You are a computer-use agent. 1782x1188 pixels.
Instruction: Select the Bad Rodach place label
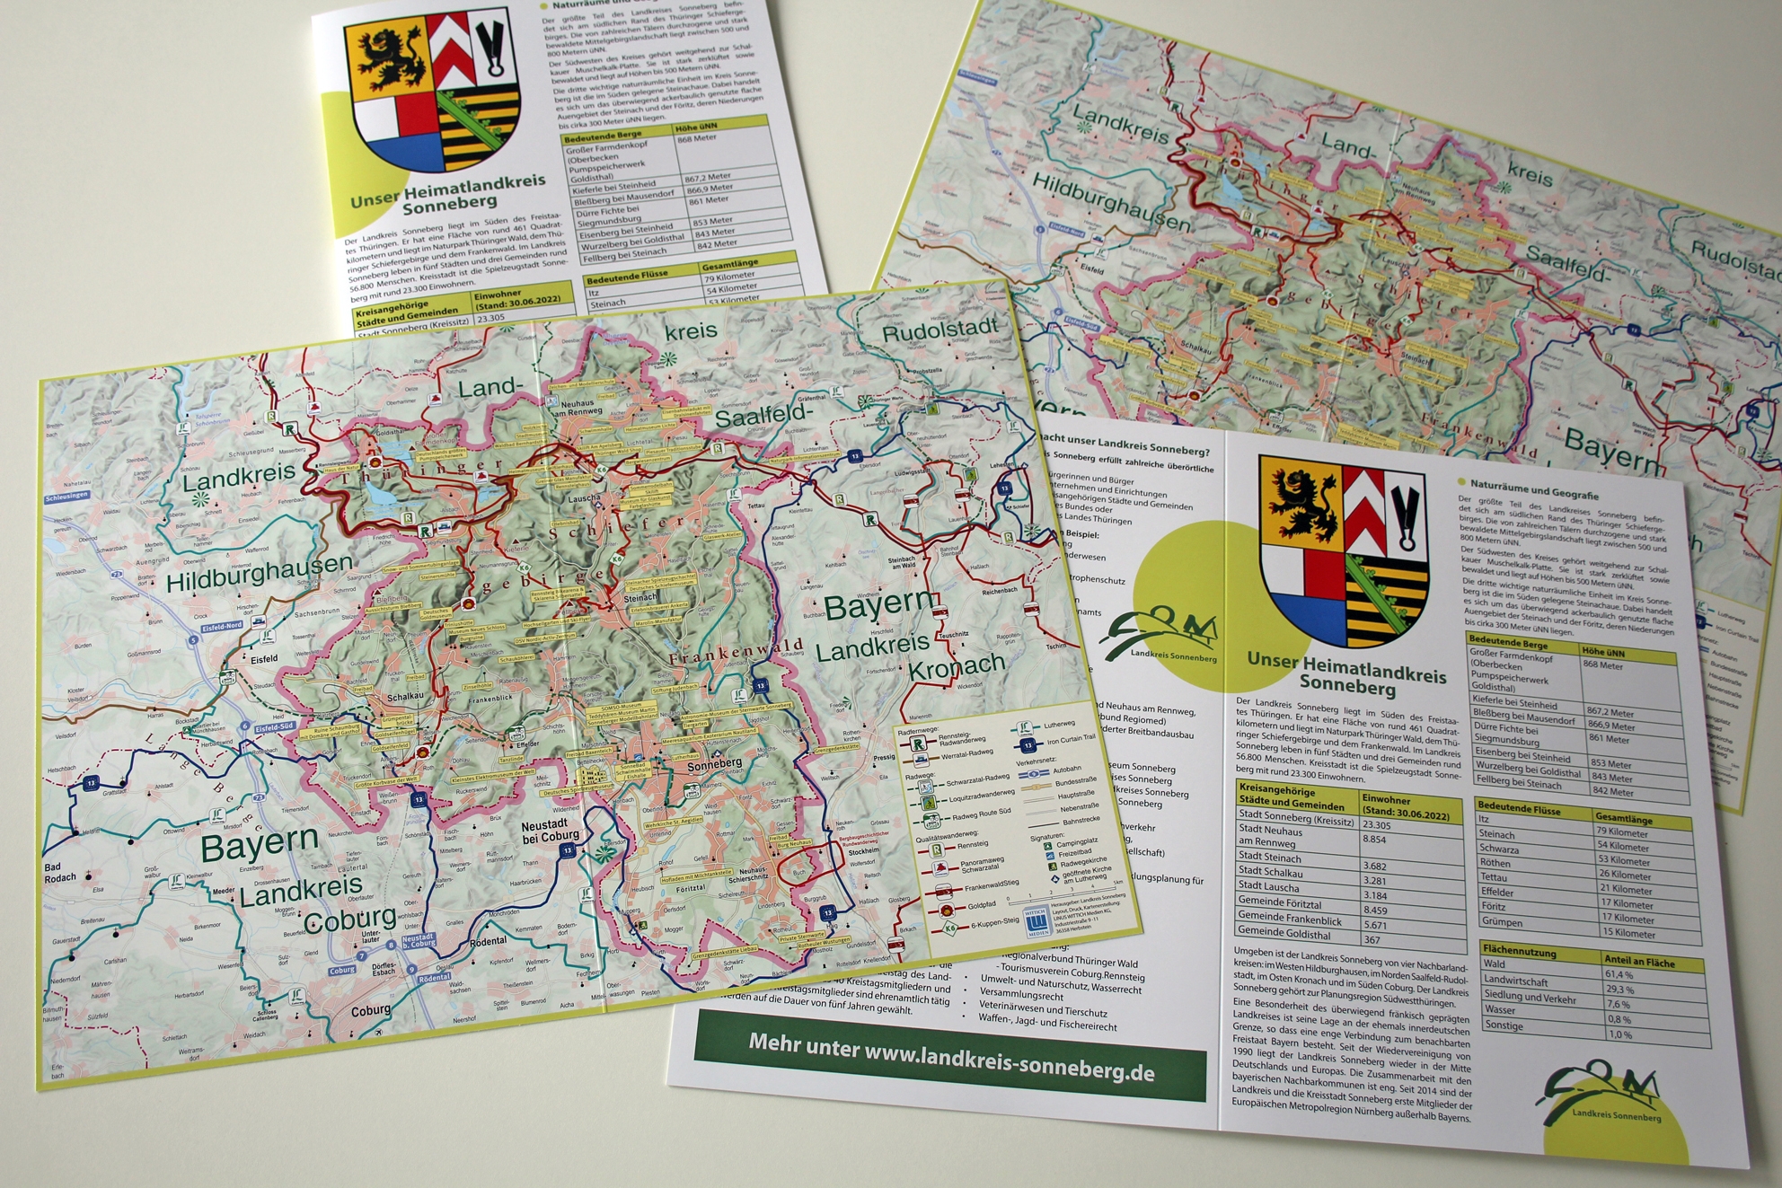(60, 872)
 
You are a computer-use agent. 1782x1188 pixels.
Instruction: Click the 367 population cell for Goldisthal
(1375, 940)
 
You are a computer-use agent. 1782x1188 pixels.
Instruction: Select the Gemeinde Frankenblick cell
(1290, 920)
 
